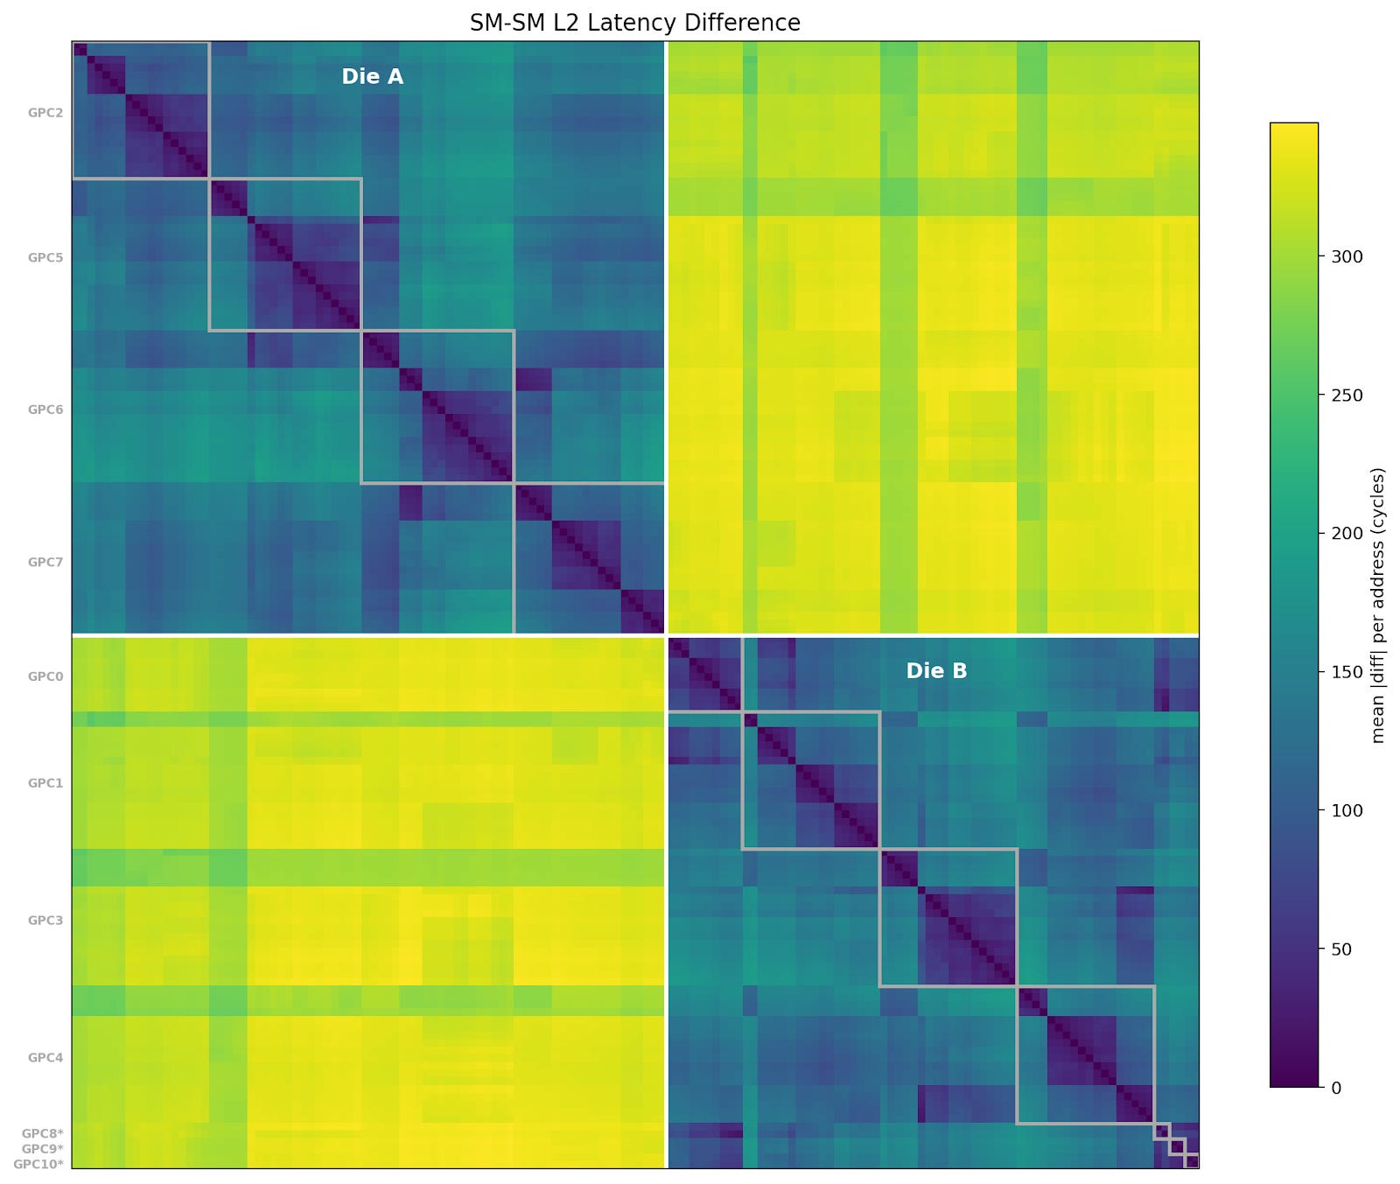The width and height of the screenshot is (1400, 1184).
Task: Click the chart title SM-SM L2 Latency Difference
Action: click(634, 23)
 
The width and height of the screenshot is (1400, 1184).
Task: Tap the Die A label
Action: click(372, 77)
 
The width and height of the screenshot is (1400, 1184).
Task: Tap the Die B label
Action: click(936, 671)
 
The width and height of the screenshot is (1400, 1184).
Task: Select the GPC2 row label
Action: click(45, 113)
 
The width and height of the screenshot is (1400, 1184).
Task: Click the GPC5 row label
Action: click(45, 258)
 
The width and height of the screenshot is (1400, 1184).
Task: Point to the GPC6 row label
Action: click(45, 410)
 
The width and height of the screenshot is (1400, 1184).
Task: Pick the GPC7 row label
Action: click(45, 562)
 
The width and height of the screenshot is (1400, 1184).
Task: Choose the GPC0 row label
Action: click(45, 676)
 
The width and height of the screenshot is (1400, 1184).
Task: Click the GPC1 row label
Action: click(45, 783)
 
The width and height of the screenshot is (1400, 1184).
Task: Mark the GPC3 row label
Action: click(45, 921)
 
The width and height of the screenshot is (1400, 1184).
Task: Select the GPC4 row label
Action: click(45, 1057)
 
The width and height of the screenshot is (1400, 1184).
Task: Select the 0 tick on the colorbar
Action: click(1335, 1088)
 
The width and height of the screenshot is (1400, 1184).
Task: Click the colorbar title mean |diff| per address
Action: click(1378, 606)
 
